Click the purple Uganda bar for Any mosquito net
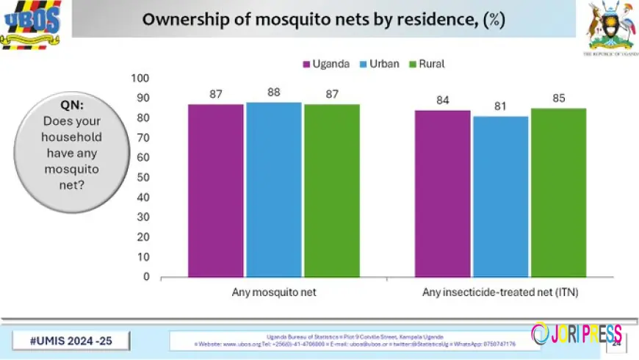[x=215, y=190]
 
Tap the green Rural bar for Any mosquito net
[x=331, y=190]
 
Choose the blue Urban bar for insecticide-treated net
[x=500, y=196]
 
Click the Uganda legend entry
[x=323, y=64]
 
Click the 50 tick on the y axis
[x=142, y=178]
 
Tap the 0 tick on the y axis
[x=145, y=277]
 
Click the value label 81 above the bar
[x=500, y=107]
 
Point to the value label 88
[x=273, y=93]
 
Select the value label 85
[x=558, y=98]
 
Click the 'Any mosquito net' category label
[x=273, y=292]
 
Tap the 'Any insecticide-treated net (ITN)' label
[x=500, y=292]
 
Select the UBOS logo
[x=30, y=24]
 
